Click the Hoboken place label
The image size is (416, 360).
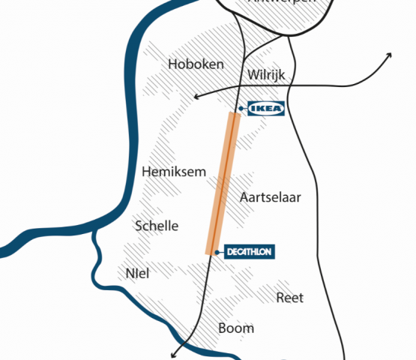[x=196, y=64]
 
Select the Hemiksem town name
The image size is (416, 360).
[x=173, y=172]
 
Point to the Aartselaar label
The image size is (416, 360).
[x=270, y=197]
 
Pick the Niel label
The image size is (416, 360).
[x=138, y=274]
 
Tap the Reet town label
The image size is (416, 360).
[x=290, y=298]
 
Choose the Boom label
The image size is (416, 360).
[x=236, y=328]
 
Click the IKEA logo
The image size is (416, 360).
[x=266, y=109]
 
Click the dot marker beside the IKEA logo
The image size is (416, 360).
[x=241, y=109]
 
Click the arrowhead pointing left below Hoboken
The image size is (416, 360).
[x=196, y=96]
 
